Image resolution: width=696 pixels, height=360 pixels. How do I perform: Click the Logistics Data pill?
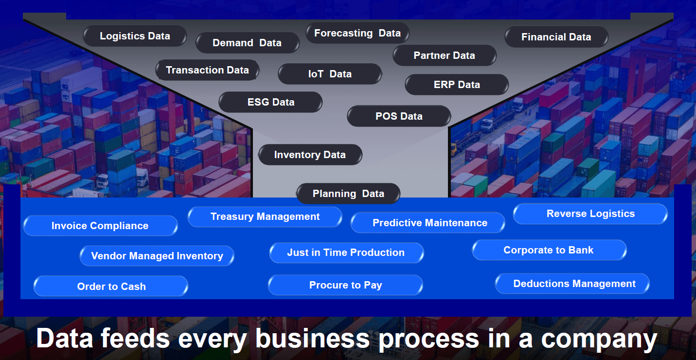pos(135,36)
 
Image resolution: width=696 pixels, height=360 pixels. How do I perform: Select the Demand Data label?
pos(247,43)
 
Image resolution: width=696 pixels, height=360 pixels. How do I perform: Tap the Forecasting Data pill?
pos(357,33)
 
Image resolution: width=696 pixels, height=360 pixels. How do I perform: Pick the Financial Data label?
pos(556,37)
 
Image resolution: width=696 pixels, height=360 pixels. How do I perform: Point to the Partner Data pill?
pos(444,55)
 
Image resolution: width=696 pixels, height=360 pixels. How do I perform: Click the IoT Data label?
pos(330,74)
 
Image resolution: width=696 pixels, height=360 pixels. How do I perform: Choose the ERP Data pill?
pos(457,85)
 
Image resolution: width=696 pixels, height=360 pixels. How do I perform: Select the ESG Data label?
pos(270,102)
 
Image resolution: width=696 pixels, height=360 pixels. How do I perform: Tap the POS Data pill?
pos(399,116)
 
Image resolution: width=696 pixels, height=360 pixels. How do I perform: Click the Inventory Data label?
pos(310,155)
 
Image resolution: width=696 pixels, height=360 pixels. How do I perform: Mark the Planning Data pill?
pos(348,194)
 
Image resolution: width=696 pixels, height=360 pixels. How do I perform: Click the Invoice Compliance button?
pos(100,226)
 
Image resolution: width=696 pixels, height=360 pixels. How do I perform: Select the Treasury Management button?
pos(265,216)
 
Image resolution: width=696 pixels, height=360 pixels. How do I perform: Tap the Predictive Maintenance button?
pos(430,223)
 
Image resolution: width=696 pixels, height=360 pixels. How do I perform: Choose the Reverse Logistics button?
pos(590,214)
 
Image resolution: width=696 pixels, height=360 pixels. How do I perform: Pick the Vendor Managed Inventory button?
pos(157,256)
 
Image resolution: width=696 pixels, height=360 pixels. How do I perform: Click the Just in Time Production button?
pos(346,252)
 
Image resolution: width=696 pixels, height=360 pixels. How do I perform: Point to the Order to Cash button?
pos(111,287)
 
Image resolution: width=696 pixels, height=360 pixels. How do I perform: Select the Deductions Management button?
pos(574,284)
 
